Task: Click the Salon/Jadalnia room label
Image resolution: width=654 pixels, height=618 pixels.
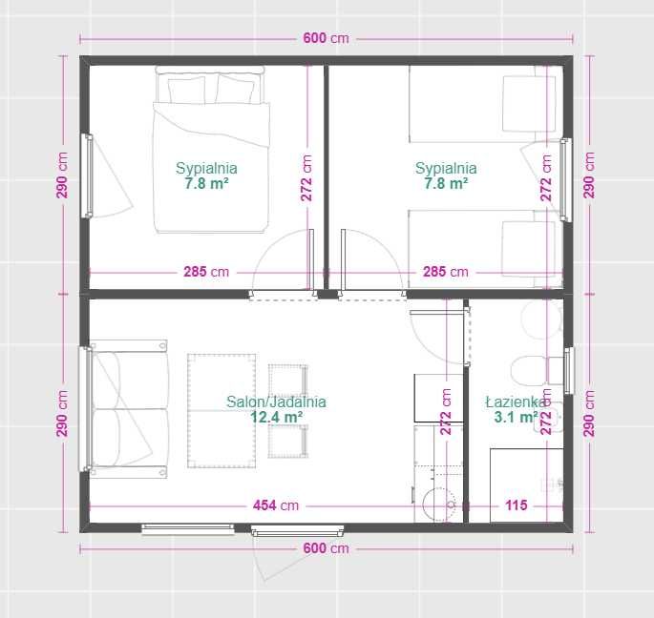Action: (276, 402)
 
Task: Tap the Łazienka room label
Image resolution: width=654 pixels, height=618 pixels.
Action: (517, 402)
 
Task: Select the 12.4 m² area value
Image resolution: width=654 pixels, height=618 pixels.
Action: (276, 417)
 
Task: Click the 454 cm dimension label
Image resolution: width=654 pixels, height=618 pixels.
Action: (276, 505)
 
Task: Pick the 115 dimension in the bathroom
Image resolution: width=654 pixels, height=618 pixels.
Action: (517, 505)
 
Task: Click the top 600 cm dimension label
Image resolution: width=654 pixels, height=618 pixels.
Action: (326, 39)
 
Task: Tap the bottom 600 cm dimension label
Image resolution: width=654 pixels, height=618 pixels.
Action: (326, 548)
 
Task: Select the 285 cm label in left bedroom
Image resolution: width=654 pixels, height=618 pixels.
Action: (206, 272)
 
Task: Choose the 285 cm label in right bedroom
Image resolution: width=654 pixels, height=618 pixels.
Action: (445, 272)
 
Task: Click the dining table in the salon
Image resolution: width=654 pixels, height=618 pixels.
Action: (222, 410)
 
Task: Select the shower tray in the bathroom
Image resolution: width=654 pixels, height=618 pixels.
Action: (525, 484)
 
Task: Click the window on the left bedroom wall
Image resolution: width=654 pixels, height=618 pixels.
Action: (88, 175)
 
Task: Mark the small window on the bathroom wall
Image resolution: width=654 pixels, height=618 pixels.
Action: (568, 369)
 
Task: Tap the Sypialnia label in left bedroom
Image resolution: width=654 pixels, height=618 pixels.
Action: (206, 169)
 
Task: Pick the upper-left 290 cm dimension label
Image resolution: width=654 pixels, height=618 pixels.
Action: (62, 175)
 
